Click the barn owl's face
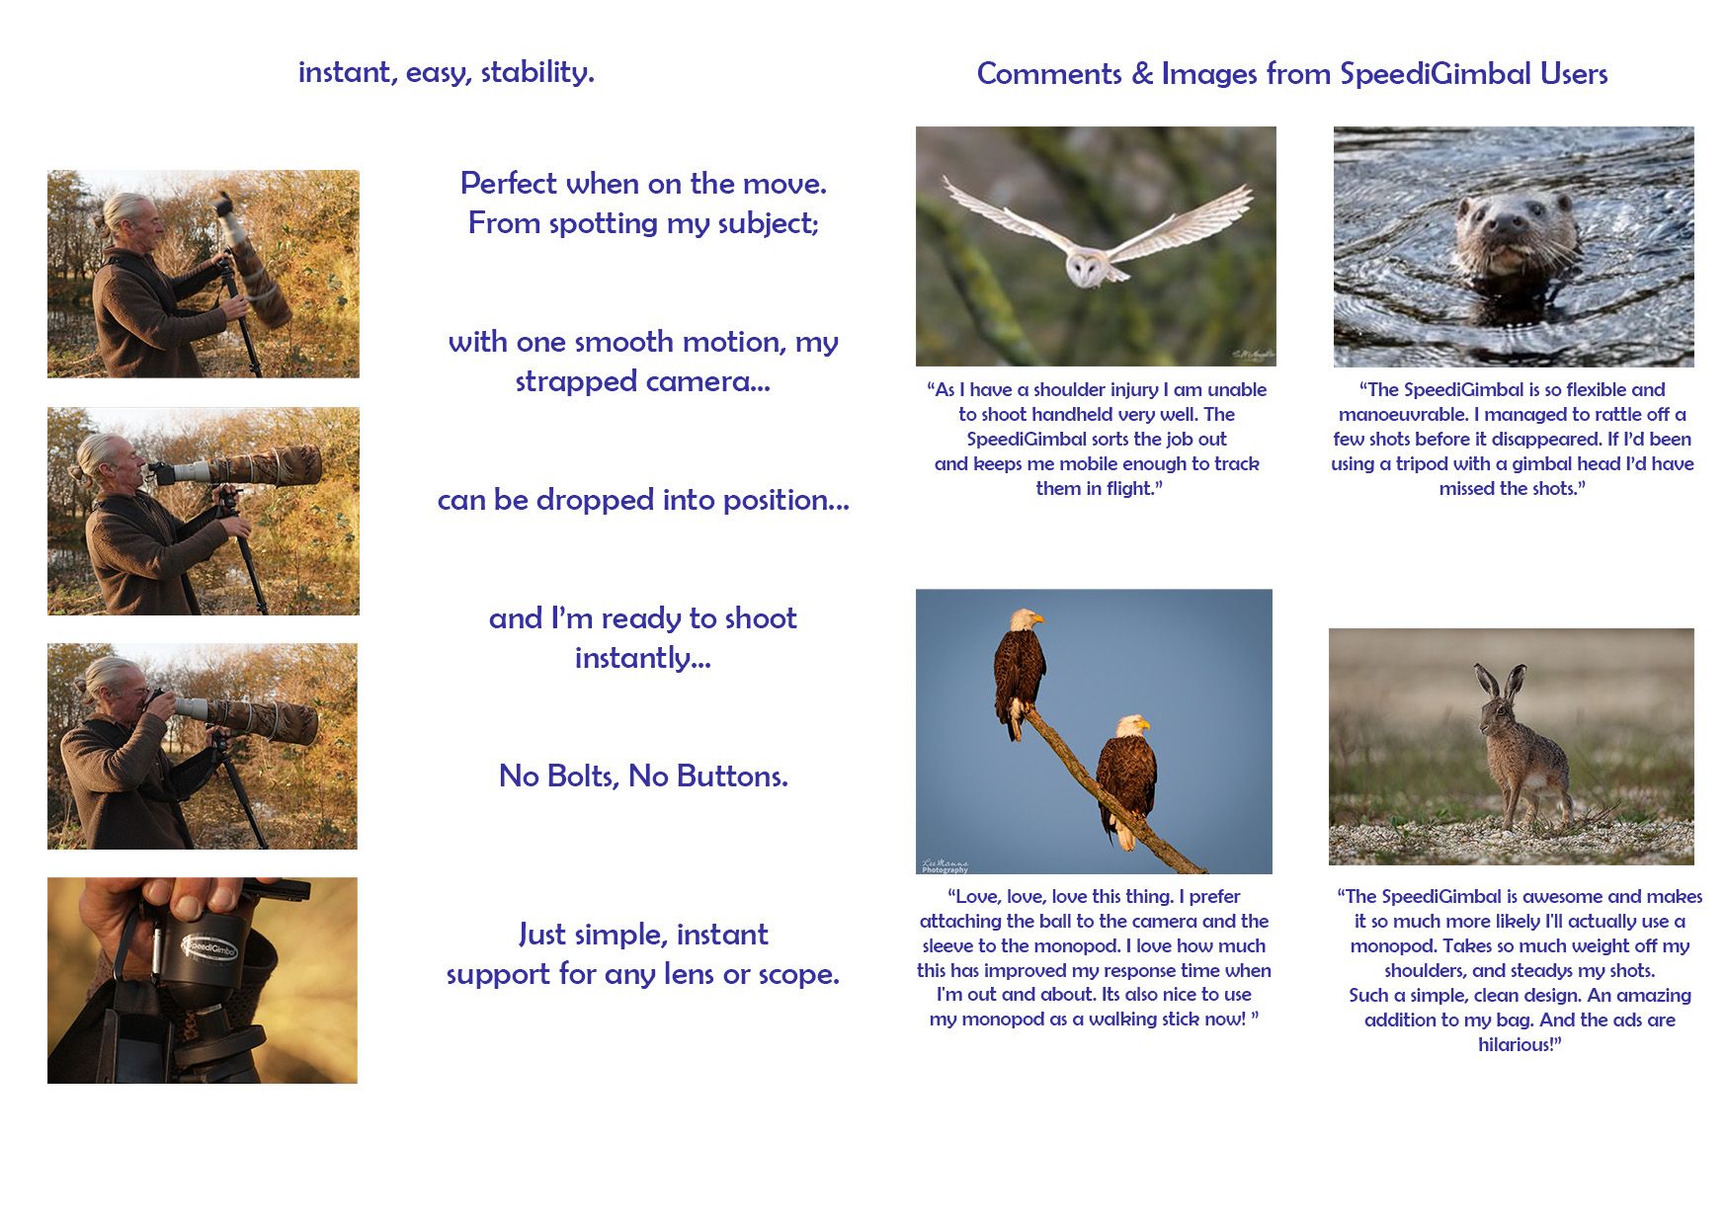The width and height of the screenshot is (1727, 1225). tap(1085, 268)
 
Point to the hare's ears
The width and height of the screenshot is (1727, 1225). tap(1499, 684)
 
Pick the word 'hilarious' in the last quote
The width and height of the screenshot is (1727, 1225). tap(1516, 1045)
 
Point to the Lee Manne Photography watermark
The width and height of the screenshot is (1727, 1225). tap(946, 866)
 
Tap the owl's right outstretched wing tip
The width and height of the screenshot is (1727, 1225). tap(946, 183)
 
